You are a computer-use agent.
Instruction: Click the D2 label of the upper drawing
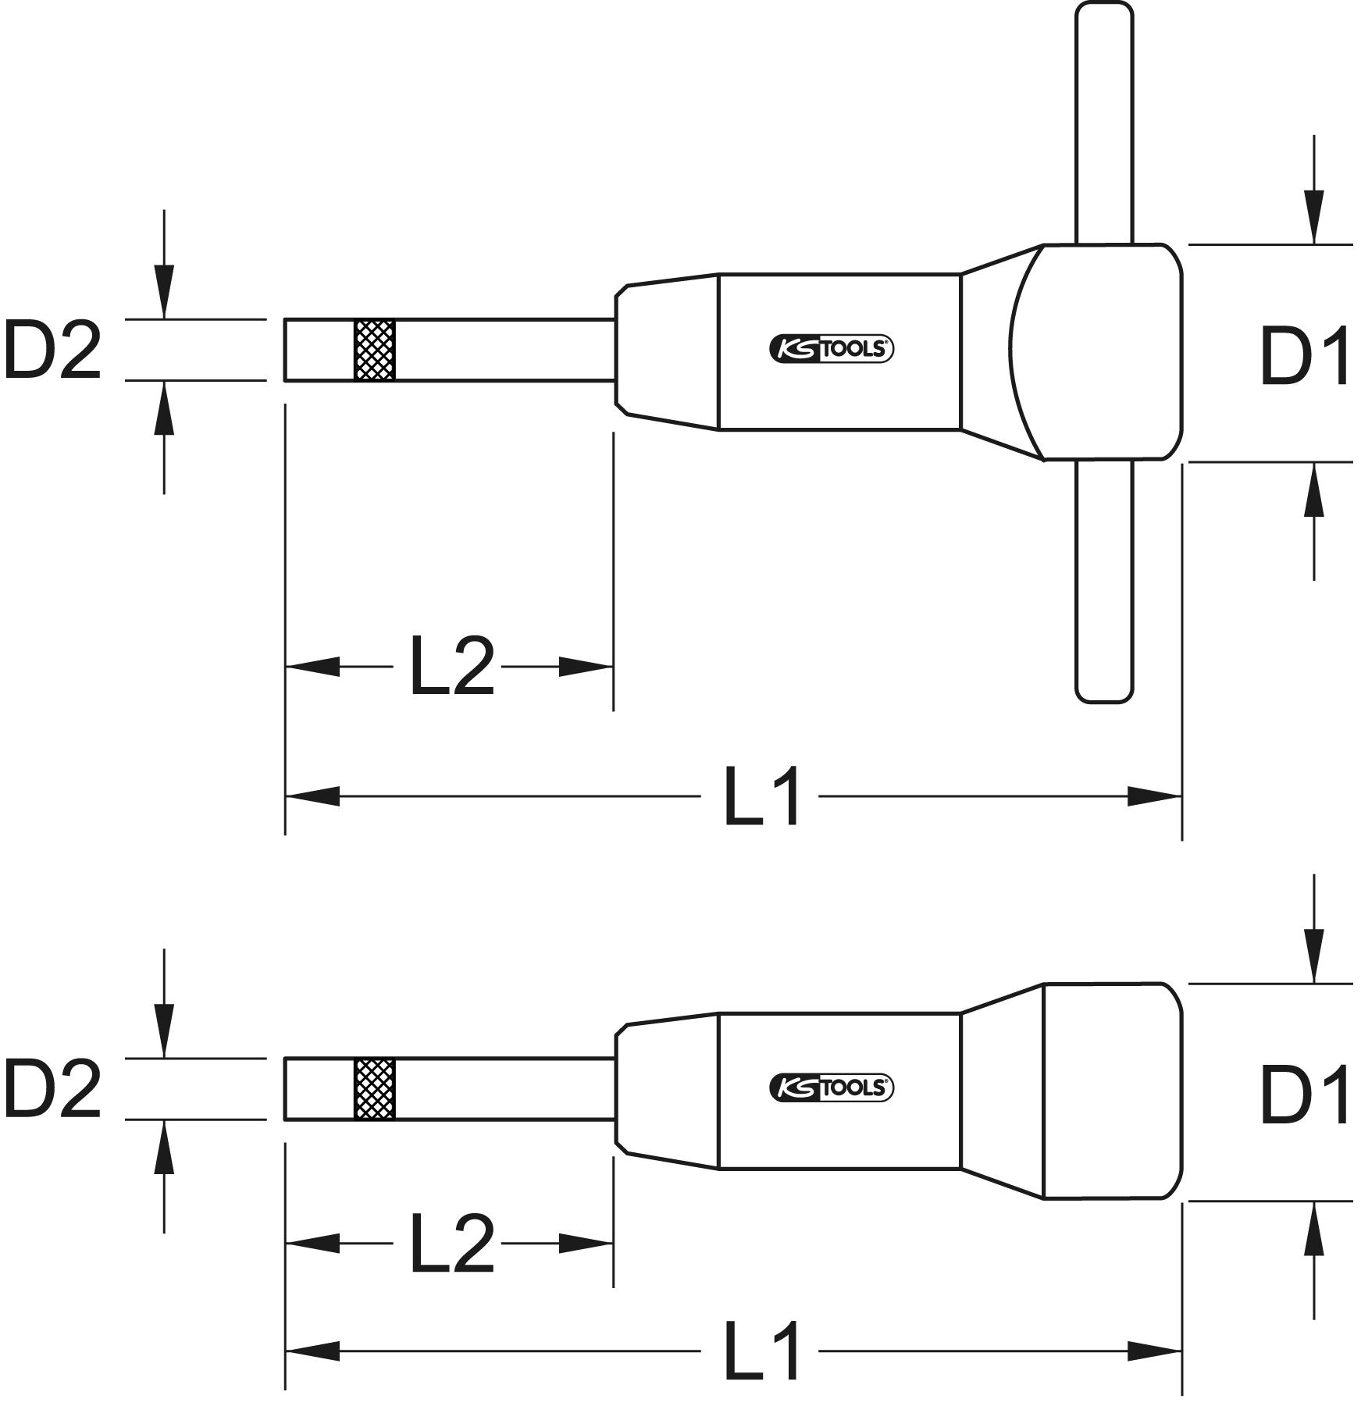(x=52, y=351)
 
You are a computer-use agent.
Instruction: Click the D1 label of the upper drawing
(x=1306, y=358)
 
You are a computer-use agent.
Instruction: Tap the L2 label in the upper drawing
(x=452, y=666)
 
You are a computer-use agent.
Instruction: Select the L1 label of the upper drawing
(x=762, y=797)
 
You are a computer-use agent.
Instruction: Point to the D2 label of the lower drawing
(x=52, y=1090)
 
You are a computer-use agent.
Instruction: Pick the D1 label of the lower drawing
(x=1306, y=1097)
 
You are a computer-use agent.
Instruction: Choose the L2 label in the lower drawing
(x=452, y=1243)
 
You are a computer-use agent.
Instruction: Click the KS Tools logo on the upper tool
(x=832, y=349)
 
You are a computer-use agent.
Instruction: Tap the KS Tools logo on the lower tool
(x=832, y=1087)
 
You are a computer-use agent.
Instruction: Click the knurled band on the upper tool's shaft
(x=375, y=350)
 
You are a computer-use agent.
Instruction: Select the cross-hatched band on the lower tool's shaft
(x=375, y=1089)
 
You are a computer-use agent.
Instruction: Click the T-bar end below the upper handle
(x=1104, y=581)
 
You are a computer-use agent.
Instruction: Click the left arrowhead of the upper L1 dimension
(x=313, y=797)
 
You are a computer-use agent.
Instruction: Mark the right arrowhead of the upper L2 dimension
(x=586, y=667)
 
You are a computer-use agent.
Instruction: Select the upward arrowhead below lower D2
(x=163, y=1147)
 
